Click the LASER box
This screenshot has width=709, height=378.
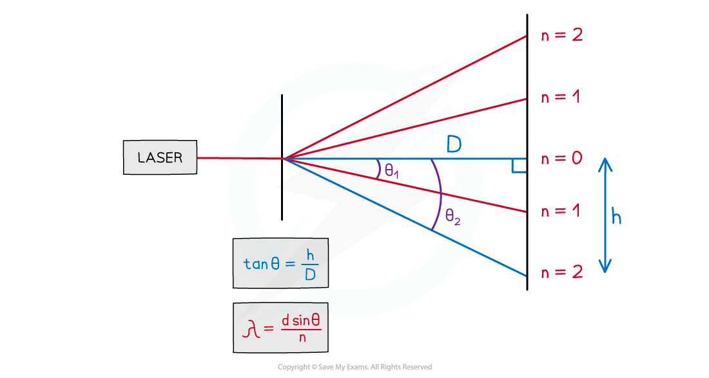pos(160,158)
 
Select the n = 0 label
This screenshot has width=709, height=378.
pos(561,159)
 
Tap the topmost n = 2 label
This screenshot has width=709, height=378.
pos(561,35)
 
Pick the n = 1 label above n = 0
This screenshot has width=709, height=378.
pos(561,97)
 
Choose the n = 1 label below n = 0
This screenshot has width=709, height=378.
pos(561,211)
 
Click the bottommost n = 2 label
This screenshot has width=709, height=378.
pos(561,272)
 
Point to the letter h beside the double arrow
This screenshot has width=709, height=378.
pos(616,217)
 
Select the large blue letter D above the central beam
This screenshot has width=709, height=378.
pos(454,145)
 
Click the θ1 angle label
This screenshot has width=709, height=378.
pos(392,171)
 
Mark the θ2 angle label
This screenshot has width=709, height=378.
pos(452,217)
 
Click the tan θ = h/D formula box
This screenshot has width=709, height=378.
pos(280,263)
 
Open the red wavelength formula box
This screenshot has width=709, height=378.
pos(280,328)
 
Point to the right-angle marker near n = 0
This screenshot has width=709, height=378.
pos(518,167)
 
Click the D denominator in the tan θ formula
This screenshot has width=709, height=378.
pos(309,275)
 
